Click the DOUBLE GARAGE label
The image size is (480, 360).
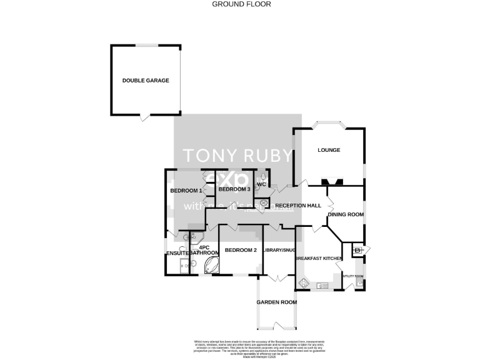pos(146,80)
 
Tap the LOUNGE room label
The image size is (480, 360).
pos(328,150)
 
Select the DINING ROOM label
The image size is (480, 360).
pos(346,214)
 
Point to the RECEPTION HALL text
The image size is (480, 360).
pos(298,206)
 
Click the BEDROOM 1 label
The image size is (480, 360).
pos(186,190)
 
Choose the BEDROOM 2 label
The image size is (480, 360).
pos(241,250)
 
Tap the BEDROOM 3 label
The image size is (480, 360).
pos(234,189)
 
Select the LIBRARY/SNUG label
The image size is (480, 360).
pos(279,250)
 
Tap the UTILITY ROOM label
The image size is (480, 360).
pos(354,275)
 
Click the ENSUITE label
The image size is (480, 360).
pos(178,253)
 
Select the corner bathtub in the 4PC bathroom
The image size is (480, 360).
pos(208,266)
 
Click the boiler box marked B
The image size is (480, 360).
pos(357,251)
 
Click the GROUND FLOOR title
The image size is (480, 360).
pos(240,4)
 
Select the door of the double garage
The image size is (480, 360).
pos(145,117)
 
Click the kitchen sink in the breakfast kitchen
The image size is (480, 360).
pos(324,286)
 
